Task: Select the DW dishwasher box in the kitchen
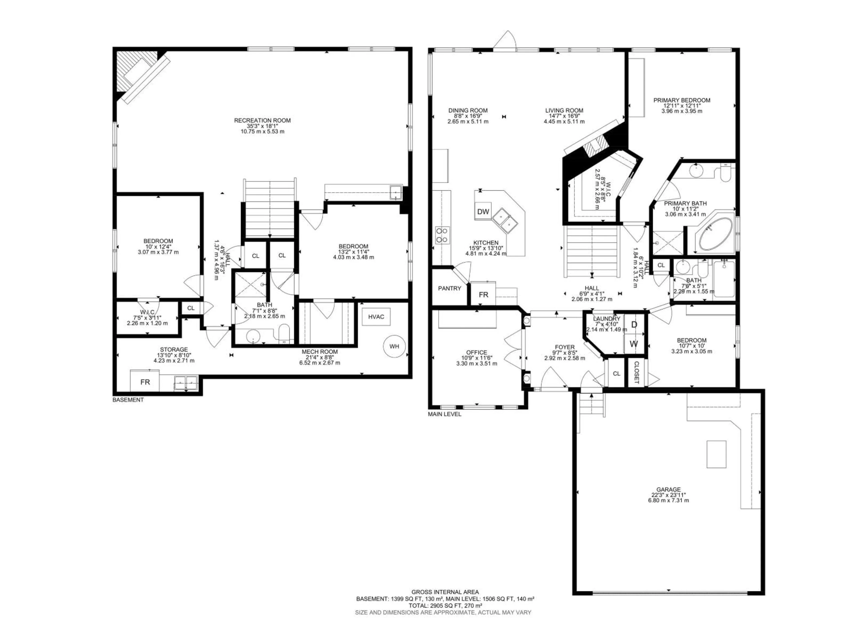(483, 211)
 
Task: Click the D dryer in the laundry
(634, 325)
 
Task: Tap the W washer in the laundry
(634, 343)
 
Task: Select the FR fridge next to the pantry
(483, 295)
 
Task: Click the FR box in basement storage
(145, 382)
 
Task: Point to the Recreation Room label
(262, 120)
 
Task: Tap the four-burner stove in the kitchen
(442, 235)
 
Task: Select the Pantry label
(450, 288)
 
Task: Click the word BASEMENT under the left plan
(128, 400)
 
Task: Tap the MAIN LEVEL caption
(444, 414)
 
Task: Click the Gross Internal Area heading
(445, 592)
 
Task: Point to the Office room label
(476, 352)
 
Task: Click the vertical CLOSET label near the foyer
(636, 373)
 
